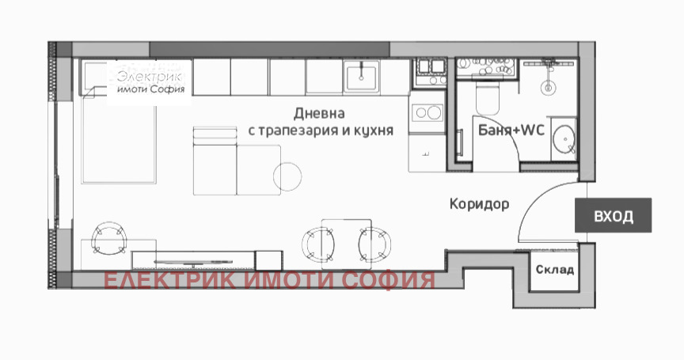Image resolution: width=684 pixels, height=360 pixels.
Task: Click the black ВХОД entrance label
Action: [614, 215]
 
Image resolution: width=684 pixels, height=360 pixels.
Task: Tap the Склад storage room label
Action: [554, 270]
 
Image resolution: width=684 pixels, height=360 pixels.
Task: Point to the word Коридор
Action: [479, 204]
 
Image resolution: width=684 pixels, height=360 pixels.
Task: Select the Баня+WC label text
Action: [510, 131]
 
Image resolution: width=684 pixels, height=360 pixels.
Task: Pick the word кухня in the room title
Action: [372, 131]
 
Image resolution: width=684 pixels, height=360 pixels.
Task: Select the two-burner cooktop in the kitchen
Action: [428, 112]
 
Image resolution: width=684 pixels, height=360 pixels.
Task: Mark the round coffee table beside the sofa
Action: [287, 176]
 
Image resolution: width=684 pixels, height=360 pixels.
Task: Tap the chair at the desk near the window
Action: [108, 237]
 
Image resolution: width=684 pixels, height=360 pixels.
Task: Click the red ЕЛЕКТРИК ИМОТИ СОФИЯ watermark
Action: [269, 281]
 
